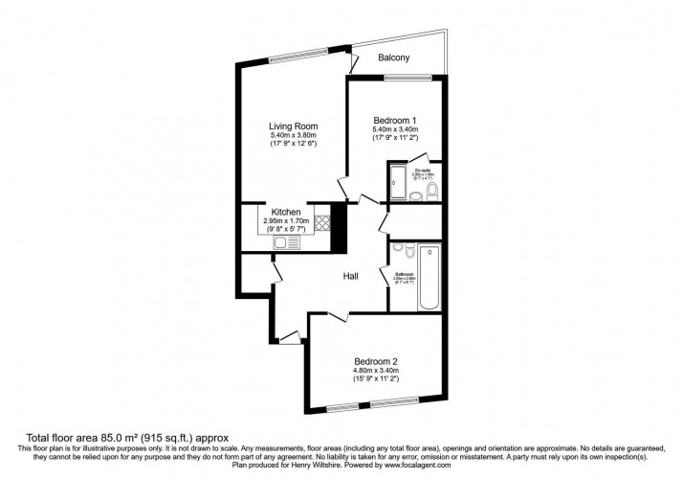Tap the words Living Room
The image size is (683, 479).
293,126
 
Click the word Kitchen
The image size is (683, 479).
287,212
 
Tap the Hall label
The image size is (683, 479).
352,276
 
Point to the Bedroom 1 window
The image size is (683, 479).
396,77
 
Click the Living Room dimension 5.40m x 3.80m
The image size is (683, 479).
293,136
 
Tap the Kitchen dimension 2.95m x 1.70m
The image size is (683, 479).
287,221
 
